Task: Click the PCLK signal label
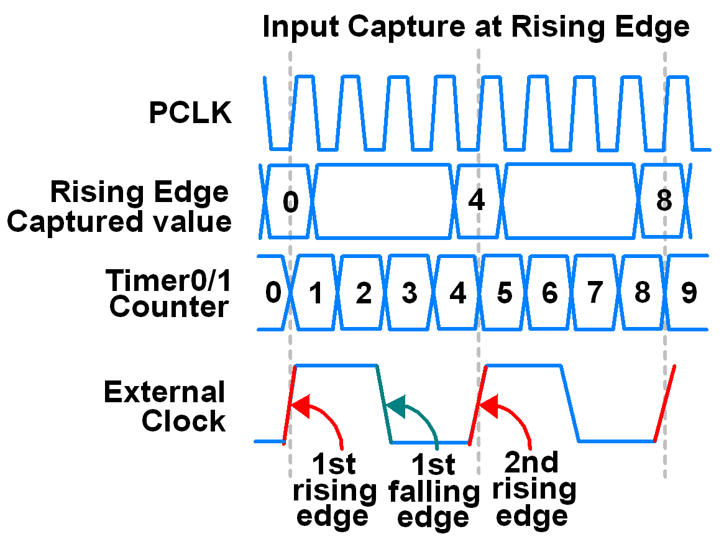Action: pyautogui.click(x=190, y=114)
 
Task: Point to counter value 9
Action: pyautogui.click(x=689, y=293)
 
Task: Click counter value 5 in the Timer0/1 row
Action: pyautogui.click(x=504, y=293)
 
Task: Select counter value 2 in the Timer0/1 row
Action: pyautogui.click(x=363, y=293)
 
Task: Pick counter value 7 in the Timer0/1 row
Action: pyautogui.click(x=595, y=293)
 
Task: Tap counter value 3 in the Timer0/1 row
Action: pyautogui.click(x=409, y=293)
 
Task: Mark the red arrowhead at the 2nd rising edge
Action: pyautogui.click(x=490, y=407)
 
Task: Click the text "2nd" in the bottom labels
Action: pyautogui.click(x=531, y=463)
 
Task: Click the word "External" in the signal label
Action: pyautogui.click(x=164, y=392)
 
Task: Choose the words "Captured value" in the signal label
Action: pyautogui.click(x=119, y=221)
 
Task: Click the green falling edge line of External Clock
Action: pyautogui.click(x=384, y=404)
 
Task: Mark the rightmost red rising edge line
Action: pyautogui.click(x=664, y=403)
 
